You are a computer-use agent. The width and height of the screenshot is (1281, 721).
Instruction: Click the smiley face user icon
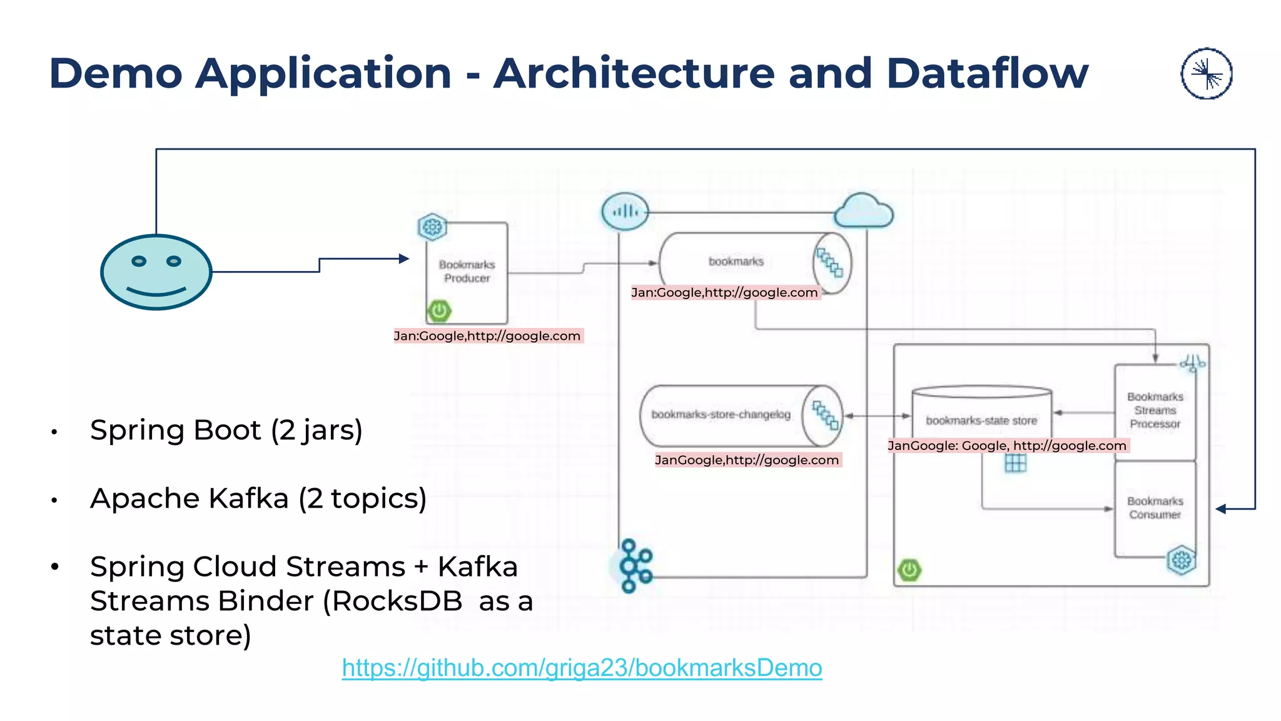156,272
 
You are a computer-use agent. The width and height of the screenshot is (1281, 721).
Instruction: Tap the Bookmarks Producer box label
467,271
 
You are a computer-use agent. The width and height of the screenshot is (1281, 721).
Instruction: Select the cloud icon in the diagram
864,211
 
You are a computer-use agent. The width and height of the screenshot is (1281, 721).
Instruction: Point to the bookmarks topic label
736,262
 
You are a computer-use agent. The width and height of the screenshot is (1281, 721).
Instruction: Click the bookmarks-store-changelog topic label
721,414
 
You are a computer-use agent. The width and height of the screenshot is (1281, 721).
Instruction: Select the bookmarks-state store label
981,421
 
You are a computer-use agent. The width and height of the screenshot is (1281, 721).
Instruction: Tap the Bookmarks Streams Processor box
1155,411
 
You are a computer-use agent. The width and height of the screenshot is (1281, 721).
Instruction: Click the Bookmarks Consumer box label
1155,508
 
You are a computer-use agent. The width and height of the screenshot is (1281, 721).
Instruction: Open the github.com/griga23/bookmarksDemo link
582,668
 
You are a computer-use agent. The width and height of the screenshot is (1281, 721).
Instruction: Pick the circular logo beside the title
1207,74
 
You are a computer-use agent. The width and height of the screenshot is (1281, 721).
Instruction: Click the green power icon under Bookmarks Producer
440,310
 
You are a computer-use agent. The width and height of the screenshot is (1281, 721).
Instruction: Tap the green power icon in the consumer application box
909,570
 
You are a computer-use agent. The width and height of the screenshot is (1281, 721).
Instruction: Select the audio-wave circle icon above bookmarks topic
625,212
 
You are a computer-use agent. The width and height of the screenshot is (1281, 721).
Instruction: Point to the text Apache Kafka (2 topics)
258,498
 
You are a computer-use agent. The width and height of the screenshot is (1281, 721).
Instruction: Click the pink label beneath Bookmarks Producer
488,336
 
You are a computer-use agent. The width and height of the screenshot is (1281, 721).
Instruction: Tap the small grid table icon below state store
1015,463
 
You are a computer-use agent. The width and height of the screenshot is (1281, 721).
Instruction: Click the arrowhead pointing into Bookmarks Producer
404,258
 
